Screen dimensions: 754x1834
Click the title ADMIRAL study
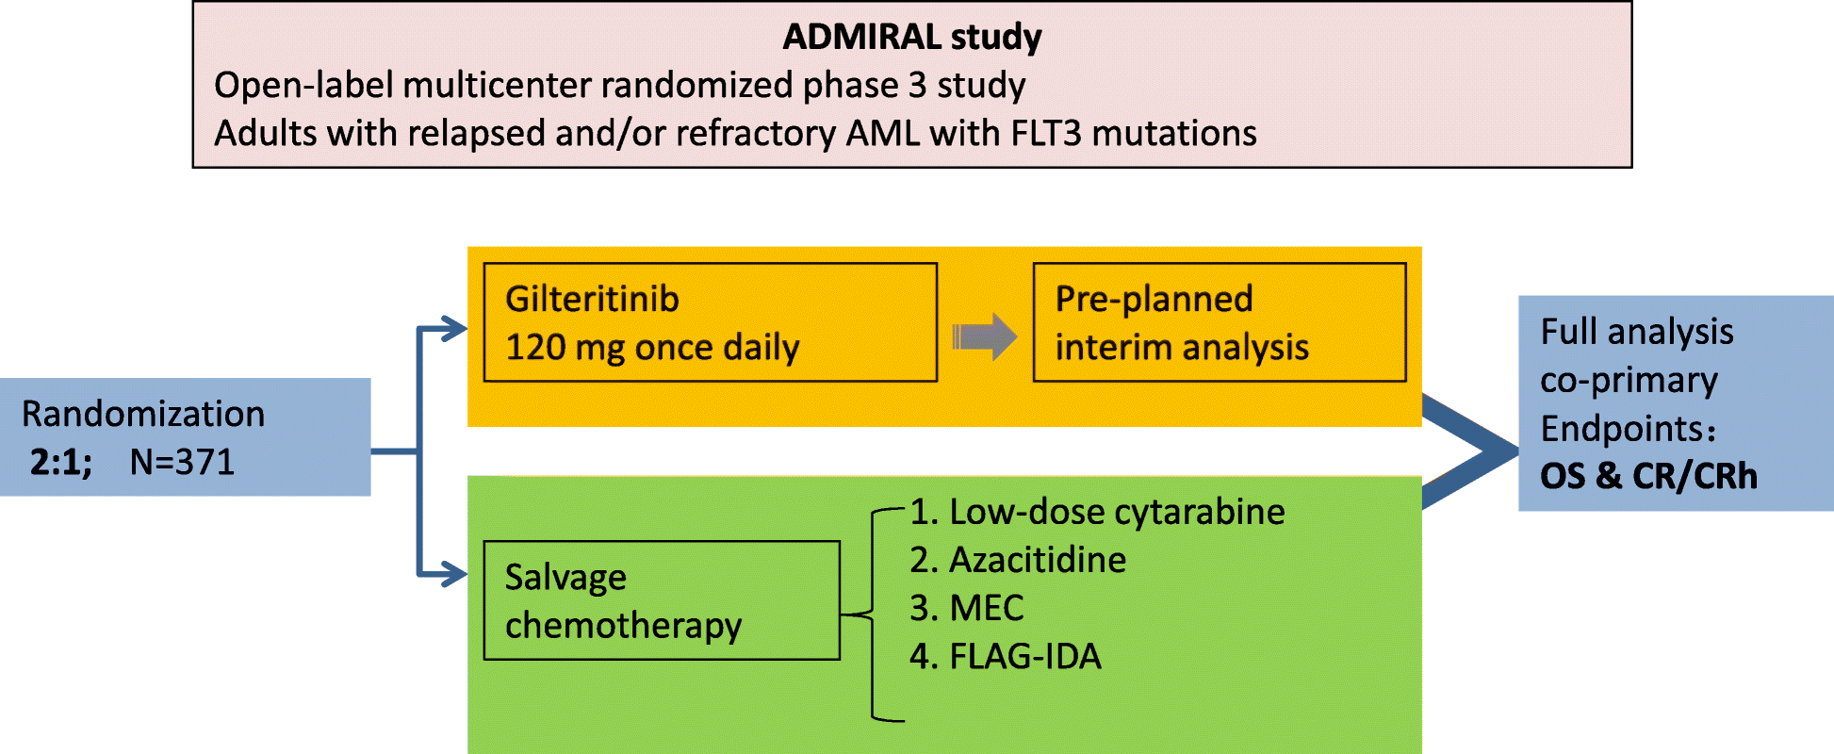(911, 37)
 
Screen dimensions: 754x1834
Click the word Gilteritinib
(592, 299)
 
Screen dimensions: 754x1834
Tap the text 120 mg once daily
(652, 348)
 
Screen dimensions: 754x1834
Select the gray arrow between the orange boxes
(985, 336)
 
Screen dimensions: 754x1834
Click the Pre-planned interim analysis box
(1219, 322)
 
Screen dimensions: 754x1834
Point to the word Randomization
(143, 414)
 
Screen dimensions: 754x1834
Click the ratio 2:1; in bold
(60, 462)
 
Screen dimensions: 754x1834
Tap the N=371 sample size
(182, 462)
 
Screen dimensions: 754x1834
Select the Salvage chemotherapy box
(661, 600)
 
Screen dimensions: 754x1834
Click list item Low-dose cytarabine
(1097, 512)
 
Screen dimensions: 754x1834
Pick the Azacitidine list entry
(1018, 560)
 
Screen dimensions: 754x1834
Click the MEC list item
(967, 608)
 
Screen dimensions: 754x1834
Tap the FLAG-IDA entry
(1006, 656)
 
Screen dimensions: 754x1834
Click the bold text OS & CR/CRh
(1648, 476)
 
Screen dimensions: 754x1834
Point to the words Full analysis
(1637, 332)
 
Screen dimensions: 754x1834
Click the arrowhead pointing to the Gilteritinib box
(455, 329)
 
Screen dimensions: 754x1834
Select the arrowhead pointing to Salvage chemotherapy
(455, 573)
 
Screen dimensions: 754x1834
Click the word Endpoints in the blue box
(1623, 429)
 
